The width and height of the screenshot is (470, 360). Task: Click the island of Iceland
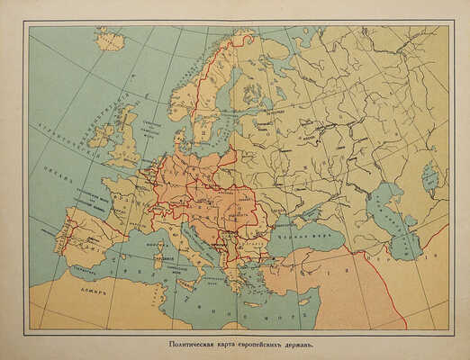point(111,40)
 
